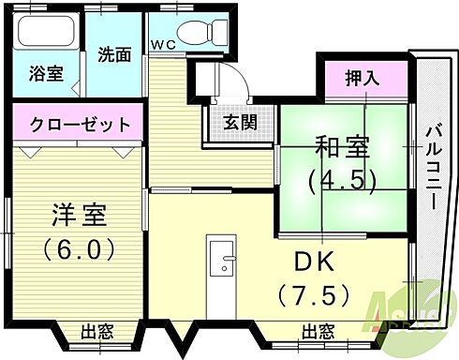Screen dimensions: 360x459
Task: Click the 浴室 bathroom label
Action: pyautogui.click(x=46, y=74)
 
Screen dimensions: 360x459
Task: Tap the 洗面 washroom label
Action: pyautogui.click(x=115, y=54)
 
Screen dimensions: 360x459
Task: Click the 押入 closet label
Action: pyautogui.click(x=362, y=79)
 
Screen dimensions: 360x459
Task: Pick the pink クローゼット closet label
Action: pyautogui.click(x=79, y=124)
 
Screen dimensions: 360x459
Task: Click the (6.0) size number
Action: pyautogui.click(x=79, y=249)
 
